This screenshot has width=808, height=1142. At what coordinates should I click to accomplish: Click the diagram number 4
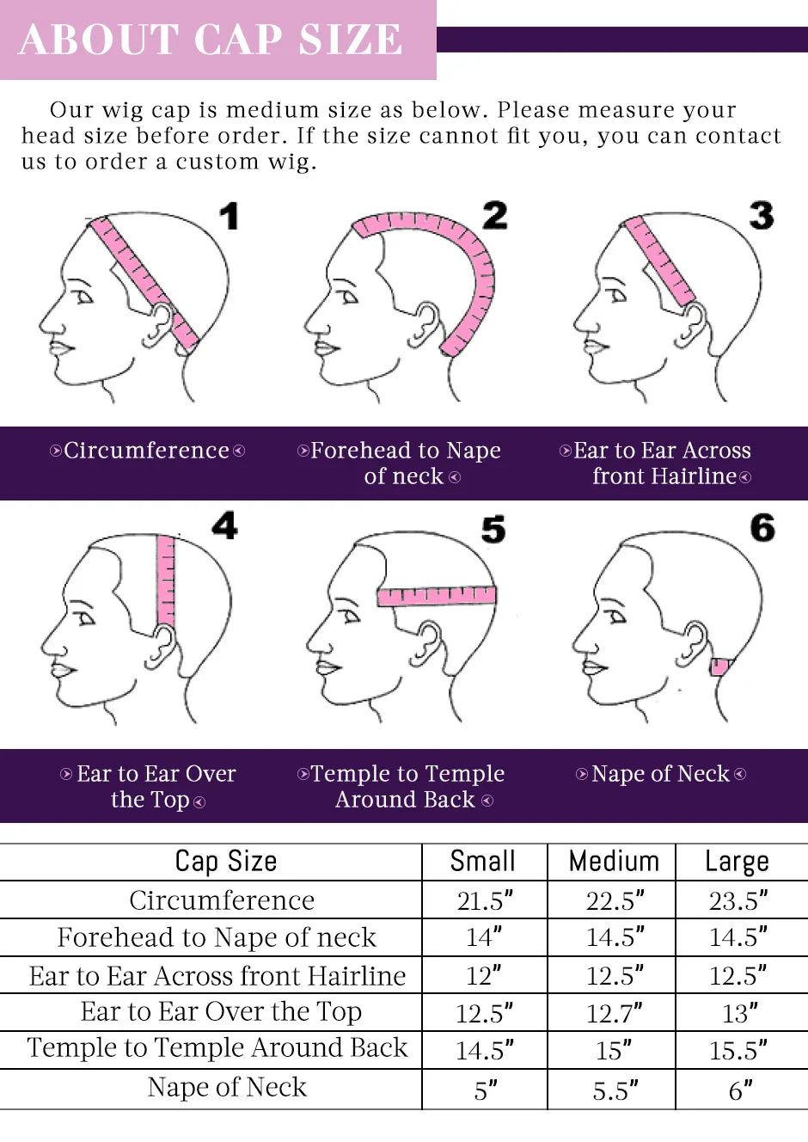tap(224, 525)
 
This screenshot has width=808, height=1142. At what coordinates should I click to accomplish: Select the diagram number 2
tap(495, 215)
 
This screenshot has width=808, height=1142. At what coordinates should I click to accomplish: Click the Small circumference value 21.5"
tap(485, 901)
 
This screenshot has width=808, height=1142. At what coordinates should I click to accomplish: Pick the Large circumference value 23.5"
tap(738, 901)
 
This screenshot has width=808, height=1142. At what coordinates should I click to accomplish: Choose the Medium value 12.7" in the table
tap(614, 1013)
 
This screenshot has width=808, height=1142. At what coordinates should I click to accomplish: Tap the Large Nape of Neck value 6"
tap(740, 1090)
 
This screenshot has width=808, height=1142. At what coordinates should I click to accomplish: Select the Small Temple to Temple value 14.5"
tap(485, 1051)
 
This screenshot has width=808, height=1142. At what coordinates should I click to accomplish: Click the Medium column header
tap(614, 862)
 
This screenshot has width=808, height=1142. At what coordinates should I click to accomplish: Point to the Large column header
tap(737, 863)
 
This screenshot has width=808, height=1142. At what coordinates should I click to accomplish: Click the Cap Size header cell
tap(226, 863)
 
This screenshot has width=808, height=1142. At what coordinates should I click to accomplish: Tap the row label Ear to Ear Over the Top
tap(221, 1012)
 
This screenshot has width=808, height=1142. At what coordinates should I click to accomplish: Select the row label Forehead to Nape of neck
tap(217, 937)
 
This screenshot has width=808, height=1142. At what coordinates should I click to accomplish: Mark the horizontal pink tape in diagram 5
tap(437, 596)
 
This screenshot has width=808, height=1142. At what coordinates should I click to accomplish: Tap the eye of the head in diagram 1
tap(84, 296)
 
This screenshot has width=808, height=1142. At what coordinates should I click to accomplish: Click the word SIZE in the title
tap(351, 40)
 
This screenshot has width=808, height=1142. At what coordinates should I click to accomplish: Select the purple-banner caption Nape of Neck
tap(660, 774)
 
